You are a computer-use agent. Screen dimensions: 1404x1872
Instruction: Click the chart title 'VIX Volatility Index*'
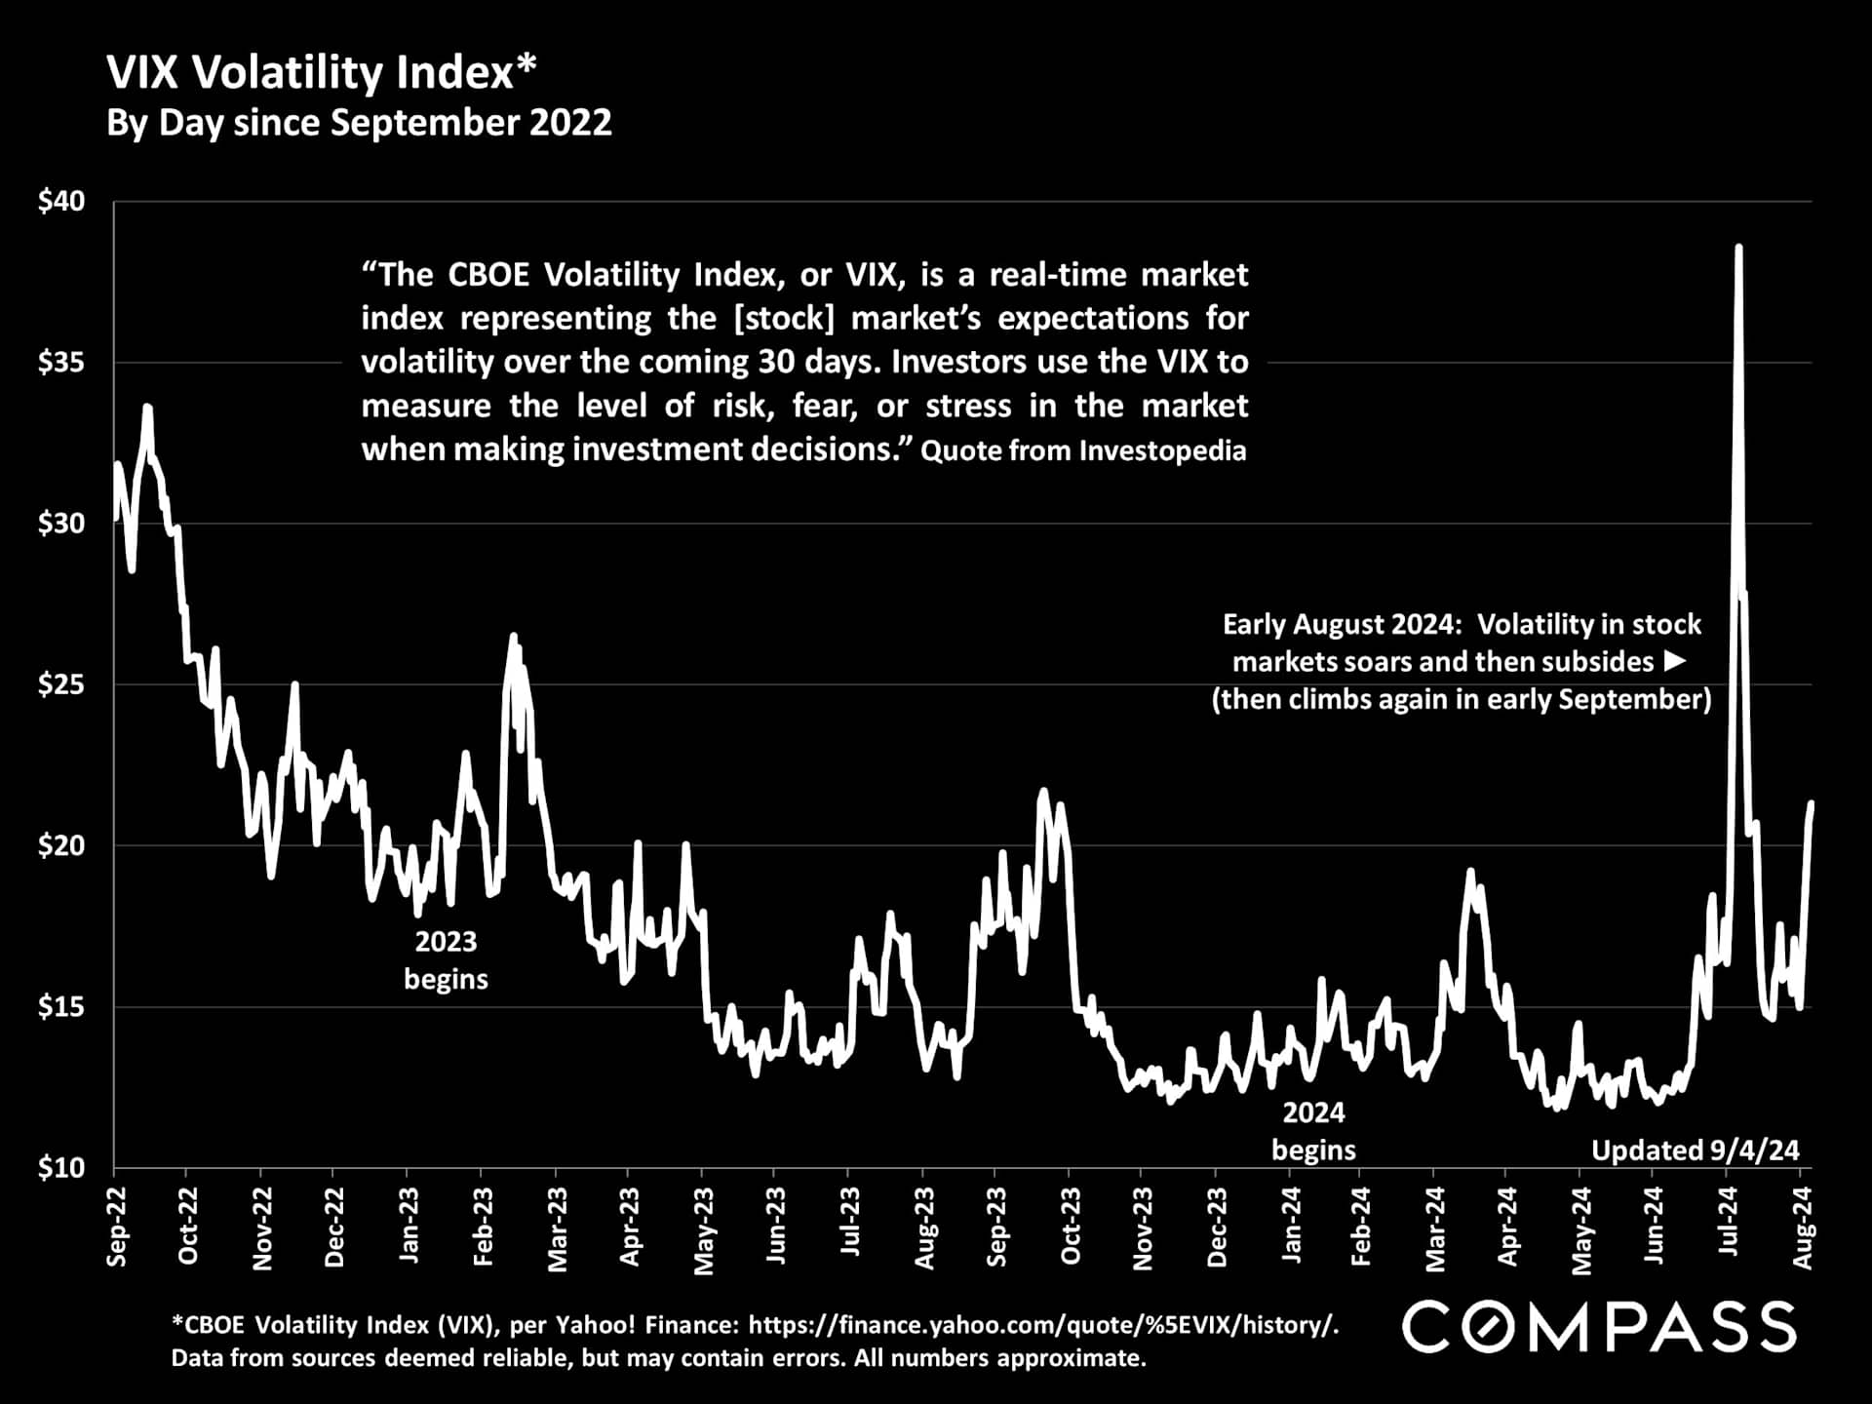click(321, 73)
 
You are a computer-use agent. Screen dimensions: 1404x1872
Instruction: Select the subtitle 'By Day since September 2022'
click(359, 124)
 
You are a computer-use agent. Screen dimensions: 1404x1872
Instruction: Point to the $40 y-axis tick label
click(61, 202)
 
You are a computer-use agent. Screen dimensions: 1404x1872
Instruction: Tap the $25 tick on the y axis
click(61, 684)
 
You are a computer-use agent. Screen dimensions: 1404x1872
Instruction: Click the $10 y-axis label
click(61, 1167)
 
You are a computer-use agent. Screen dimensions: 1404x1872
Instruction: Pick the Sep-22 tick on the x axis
click(116, 1227)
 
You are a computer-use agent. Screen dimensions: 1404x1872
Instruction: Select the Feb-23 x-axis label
click(483, 1227)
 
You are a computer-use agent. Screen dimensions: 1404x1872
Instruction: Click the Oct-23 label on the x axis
click(1071, 1227)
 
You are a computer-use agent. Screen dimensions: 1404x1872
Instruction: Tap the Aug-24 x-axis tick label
click(1804, 1227)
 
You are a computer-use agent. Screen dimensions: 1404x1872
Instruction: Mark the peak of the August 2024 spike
click(1738, 248)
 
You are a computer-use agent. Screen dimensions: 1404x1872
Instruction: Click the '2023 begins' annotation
click(446, 960)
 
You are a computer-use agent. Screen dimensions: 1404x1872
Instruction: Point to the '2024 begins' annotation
click(1313, 1131)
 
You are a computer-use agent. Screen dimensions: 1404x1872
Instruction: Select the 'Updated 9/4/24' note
click(1695, 1150)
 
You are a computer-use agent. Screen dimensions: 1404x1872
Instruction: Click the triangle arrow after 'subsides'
click(1675, 661)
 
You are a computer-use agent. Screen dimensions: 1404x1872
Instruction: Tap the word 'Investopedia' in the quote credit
click(1162, 450)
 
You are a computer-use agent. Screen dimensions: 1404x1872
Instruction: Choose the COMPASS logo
click(1599, 1327)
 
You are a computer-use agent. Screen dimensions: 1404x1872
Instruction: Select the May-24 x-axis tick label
click(1581, 1228)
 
